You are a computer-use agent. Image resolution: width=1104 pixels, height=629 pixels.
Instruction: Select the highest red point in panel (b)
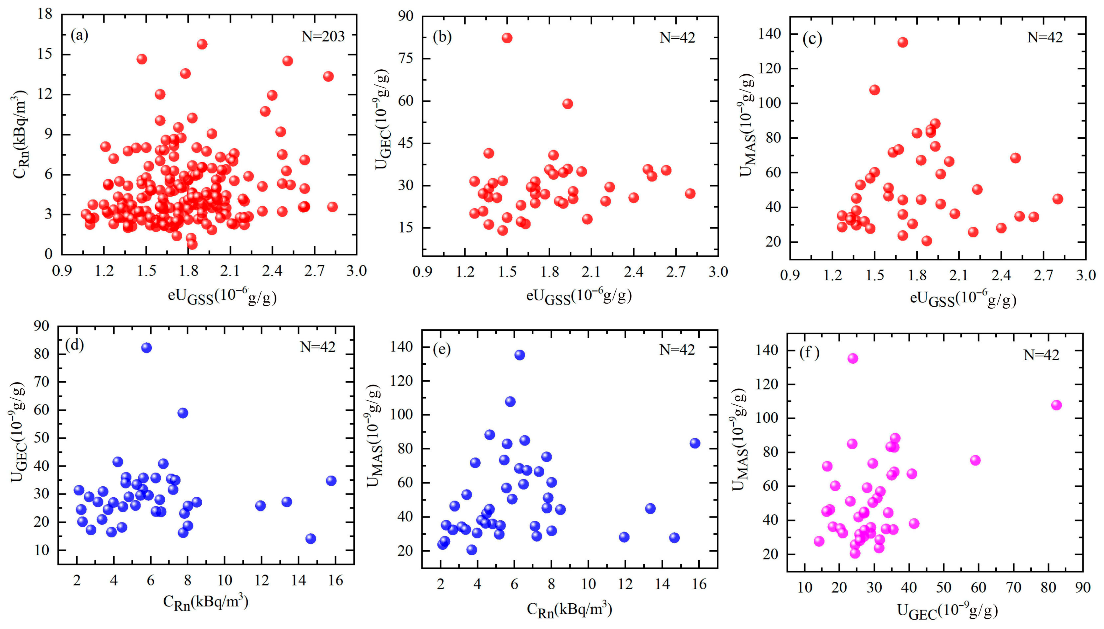click(507, 38)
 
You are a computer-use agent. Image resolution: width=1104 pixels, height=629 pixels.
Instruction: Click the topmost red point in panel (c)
click(902, 42)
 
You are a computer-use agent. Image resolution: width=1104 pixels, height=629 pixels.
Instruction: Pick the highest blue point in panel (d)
click(146, 348)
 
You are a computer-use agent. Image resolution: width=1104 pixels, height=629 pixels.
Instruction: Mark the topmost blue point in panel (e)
click(519, 355)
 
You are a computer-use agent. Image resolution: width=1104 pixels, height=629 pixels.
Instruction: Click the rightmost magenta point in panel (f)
click(1056, 405)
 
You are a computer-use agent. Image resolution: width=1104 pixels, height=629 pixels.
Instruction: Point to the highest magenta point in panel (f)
click(853, 359)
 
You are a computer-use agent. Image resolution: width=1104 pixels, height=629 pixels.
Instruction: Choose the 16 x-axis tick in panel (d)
click(335, 580)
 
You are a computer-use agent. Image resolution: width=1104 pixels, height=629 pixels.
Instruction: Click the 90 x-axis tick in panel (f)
click(1083, 588)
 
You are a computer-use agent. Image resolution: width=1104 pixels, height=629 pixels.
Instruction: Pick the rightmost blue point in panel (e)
click(694, 443)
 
